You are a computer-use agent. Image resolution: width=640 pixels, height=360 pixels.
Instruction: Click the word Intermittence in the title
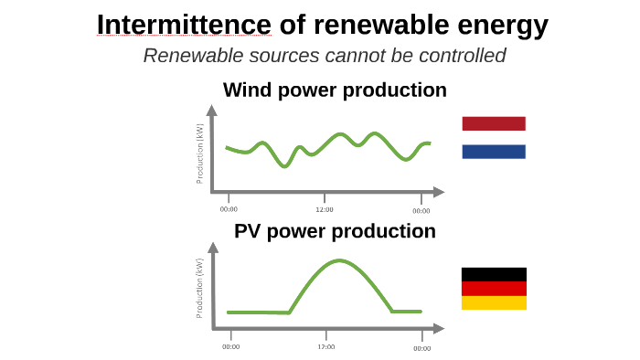coord(184,24)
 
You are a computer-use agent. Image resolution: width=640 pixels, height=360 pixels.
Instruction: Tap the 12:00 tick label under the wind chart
coord(324,209)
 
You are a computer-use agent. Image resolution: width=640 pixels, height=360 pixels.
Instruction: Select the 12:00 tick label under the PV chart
coord(326,346)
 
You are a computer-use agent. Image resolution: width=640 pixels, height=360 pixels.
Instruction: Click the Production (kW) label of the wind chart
coord(200,153)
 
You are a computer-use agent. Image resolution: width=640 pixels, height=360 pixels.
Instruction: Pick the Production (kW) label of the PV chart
coord(200,288)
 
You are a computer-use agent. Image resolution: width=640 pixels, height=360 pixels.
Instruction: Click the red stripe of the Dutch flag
coord(494,123)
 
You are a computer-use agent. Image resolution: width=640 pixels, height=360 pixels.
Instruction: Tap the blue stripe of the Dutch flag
coord(494,152)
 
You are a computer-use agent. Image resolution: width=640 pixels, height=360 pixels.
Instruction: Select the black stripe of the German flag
coord(494,274)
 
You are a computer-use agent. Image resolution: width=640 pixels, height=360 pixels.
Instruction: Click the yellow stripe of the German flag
coord(494,302)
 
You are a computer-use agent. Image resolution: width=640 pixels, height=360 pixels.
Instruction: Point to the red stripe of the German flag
coord(494,288)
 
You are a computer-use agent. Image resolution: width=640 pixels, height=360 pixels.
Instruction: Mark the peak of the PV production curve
coord(340,260)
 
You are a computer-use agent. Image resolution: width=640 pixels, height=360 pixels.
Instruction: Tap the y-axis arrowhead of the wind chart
coord(212,111)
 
